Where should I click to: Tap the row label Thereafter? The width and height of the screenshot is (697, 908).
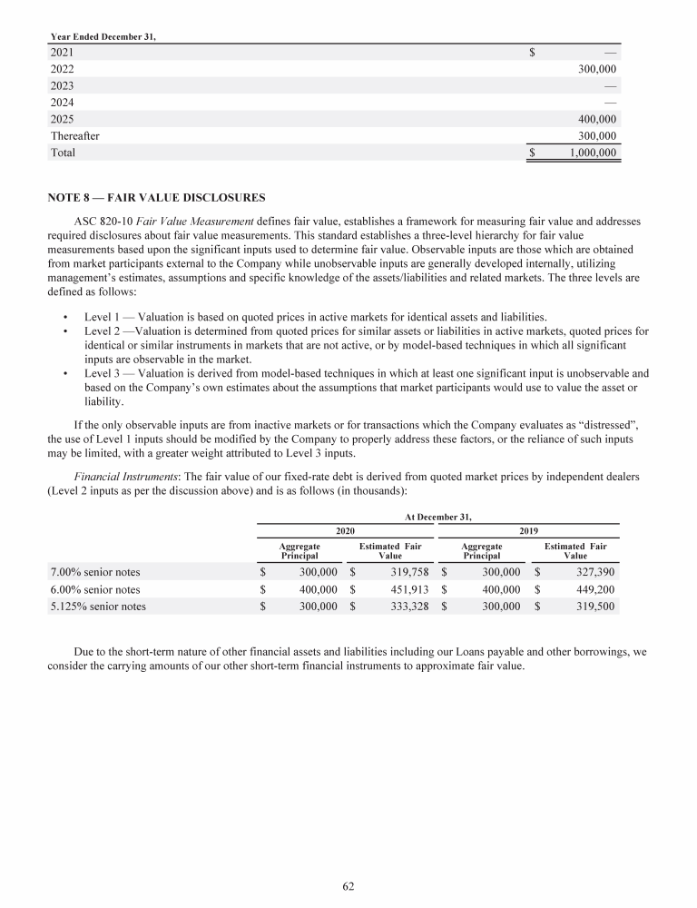tap(74, 136)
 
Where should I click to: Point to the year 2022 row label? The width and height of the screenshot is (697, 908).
tap(63, 68)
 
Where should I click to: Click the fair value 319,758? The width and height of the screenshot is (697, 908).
tap(404, 572)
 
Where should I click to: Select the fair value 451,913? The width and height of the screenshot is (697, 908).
tap(404, 589)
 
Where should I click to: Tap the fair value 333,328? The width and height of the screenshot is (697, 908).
tap(404, 607)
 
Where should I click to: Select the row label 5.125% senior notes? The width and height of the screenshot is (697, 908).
tap(98, 607)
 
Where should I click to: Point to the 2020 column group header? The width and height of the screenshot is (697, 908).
tap(345, 529)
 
